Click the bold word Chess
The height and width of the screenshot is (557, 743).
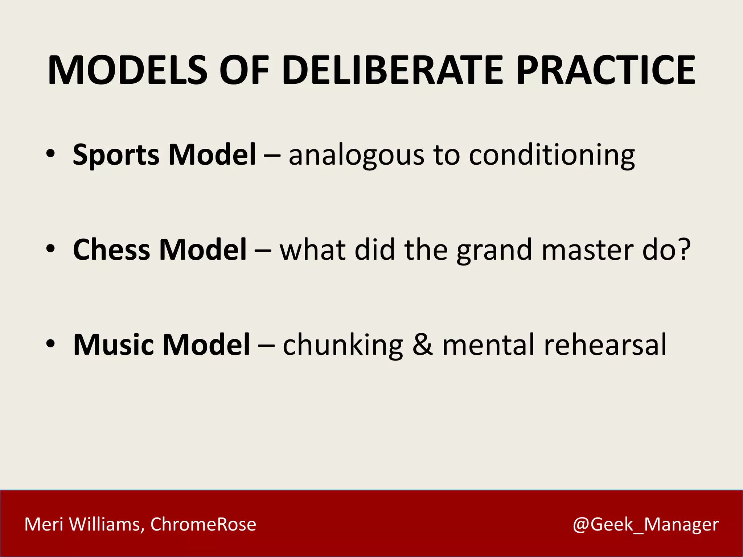[x=111, y=250]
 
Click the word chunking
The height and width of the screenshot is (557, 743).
[x=343, y=346]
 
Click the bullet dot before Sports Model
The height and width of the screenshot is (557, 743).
[x=51, y=154]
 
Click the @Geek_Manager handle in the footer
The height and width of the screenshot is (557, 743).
[x=645, y=524]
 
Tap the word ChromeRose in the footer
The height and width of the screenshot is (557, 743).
[x=203, y=524]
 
